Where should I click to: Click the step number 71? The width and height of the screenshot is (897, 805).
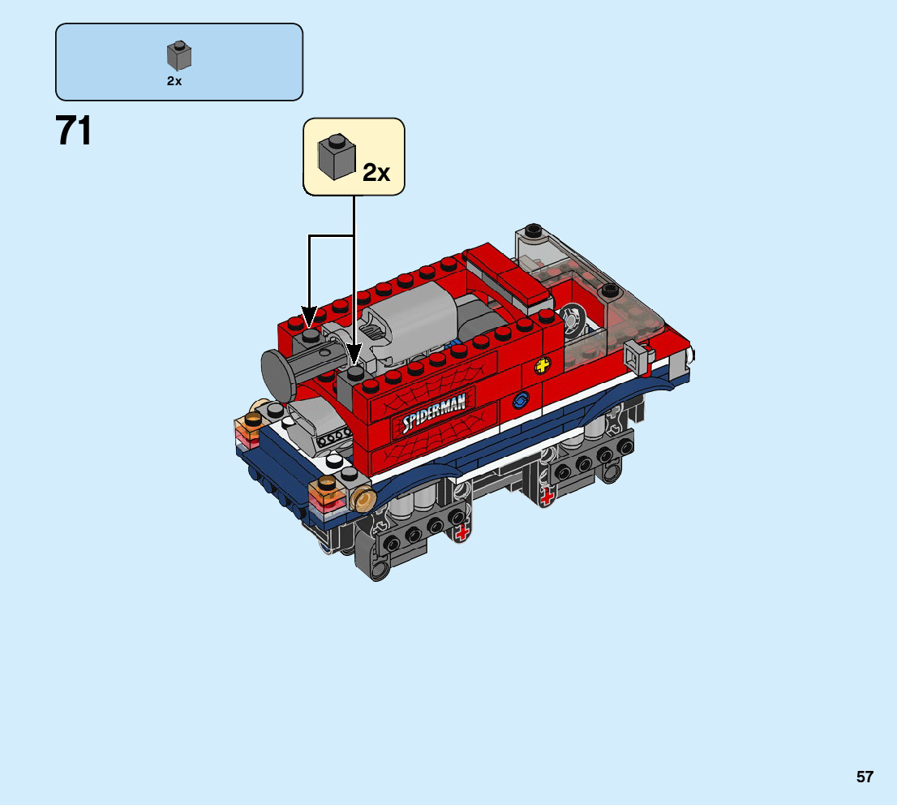tap(73, 131)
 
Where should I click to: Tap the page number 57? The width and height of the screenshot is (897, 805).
tap(865, 777)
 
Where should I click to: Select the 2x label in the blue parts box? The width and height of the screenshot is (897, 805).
tap(174, 81)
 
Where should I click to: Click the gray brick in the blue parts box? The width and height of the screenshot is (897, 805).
tap(179, 55)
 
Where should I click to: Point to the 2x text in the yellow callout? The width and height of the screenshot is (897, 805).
tap(376, 172)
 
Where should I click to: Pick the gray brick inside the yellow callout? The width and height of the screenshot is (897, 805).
tap(337, 157)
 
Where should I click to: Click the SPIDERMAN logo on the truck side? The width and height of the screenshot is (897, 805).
tap(434, 413)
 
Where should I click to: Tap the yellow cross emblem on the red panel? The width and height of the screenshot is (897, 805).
tap(543, 364)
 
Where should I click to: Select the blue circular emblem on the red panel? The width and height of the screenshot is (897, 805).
tap(521, 400)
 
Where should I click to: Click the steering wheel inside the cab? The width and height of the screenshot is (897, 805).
tap(572, 318)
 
